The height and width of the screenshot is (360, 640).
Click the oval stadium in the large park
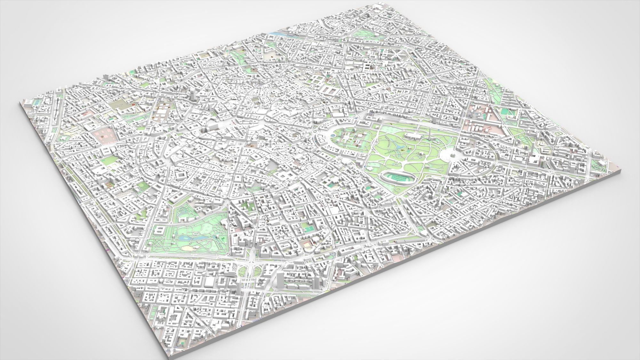(395, 177)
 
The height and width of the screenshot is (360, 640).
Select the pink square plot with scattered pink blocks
(104, 135)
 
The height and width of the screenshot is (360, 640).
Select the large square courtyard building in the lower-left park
(159, 230)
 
